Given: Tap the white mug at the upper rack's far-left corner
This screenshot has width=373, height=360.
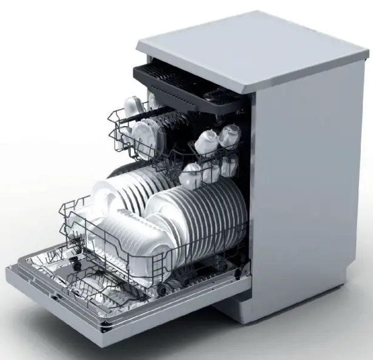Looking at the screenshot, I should [132, 107].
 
